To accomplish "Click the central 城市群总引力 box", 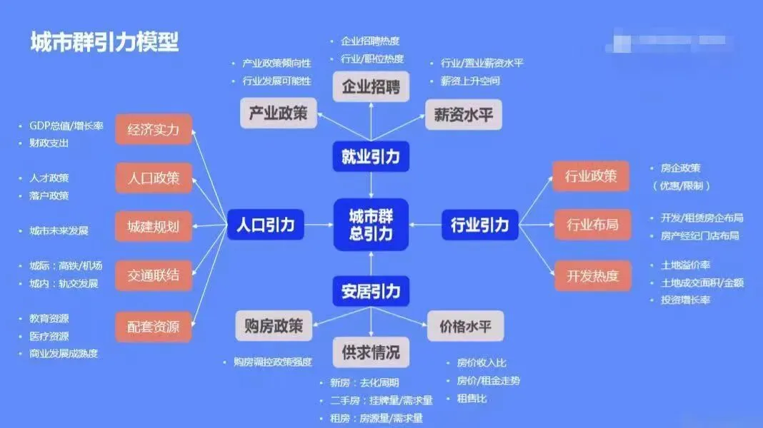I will click(x=371, y=225).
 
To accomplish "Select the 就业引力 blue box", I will click(x=371, y=157).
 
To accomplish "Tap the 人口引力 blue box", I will click(x=266, y=225).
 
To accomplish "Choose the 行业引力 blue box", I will click(x=480, y=225).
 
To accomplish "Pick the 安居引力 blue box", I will click(x=371, y=291).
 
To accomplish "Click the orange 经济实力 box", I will click(x=154, y=130).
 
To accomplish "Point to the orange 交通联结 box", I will click(x=154, y=275).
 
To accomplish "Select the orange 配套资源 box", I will click(x=154, y=327).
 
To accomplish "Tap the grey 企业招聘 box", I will click(x=371, y=88).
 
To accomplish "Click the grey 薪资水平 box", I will click(x=464, y=114).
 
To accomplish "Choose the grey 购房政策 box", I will click(x=270, y=327).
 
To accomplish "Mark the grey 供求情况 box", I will click(x=371, y=352).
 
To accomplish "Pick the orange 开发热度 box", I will click(x=592, y=276).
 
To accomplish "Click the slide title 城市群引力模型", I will click(x=104, y=41).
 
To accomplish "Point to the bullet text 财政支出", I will click(x=49, y=143).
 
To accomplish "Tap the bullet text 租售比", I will click(x=472, y=399).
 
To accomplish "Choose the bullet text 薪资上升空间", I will click(x=470, y=81).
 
